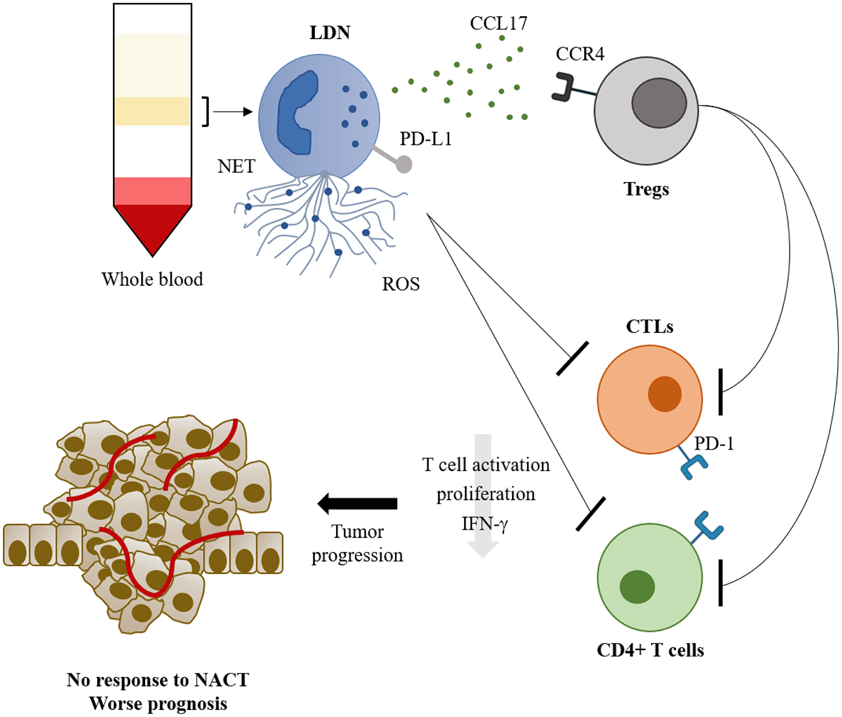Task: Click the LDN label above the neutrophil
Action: (x=330, y=32)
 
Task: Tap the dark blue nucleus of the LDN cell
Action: (x=295, y=114)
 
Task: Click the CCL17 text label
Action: (x=498, y=23)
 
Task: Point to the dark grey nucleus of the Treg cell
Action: (x=659, y=103)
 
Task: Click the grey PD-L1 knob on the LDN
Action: (x=404, y=164)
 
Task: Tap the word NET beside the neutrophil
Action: (x=236, y=166)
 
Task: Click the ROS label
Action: (x=400, y=284)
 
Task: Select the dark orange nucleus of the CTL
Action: (x=664, y=394)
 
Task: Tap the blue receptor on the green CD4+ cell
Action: (x=709, y=526)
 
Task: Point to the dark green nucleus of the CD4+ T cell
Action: (x=637, y=587)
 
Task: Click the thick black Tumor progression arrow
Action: (x=358, y=504)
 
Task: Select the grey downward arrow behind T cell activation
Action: (x=483, y=547)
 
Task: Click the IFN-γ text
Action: (x=485, y=524)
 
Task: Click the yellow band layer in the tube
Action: (x=152, y=111)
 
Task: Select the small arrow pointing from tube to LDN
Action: (x=232, y=112)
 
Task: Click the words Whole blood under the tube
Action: (x=152, y=279)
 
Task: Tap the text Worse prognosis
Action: (x=158, y=704)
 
